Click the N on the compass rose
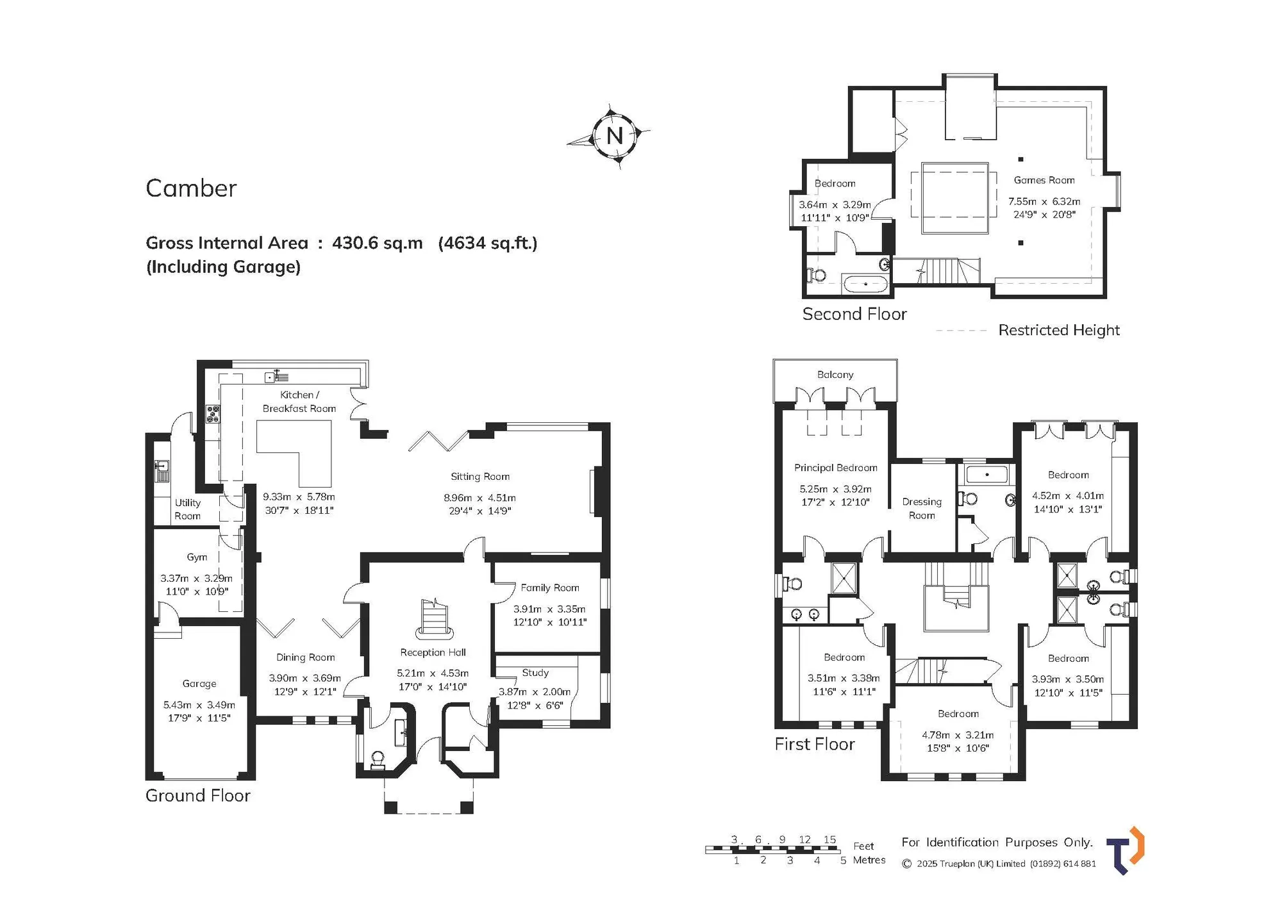615,135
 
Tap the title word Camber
191,188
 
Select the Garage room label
199,684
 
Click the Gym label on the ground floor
197,557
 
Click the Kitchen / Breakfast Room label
299,402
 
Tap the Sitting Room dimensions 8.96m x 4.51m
479,498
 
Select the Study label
535,673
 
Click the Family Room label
550,588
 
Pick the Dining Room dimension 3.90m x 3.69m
305,678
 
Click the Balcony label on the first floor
835,375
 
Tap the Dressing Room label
922,509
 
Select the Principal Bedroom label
836,468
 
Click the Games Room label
1044,180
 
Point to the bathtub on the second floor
866,283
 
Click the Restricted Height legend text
1059,330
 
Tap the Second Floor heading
854,314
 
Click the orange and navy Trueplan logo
1126,850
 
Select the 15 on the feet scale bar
829,839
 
